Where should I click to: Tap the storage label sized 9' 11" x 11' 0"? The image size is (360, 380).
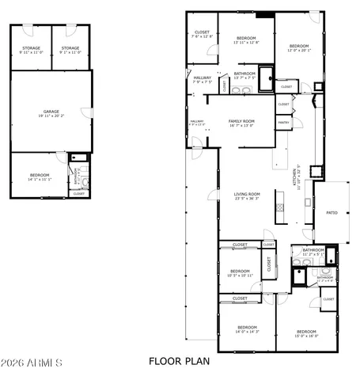click(32, 48)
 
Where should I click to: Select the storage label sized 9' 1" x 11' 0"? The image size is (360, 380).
click(70, 48)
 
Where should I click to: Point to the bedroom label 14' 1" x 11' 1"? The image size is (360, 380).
click(40, 176)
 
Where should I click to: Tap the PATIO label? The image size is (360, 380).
click(332, 213)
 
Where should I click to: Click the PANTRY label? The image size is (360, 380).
click(283, 123)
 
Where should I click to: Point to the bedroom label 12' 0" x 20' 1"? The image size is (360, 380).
click(299, 47)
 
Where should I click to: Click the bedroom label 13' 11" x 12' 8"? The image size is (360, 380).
click(245, 39)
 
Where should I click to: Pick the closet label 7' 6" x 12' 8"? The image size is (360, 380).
click(203, 33)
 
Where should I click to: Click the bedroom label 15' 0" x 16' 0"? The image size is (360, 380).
click(306, 332)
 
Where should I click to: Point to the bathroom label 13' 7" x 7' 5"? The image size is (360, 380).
click(244, 74)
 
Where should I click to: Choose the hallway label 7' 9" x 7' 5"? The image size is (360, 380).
click(203, 78)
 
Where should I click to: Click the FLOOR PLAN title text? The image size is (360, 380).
click(180, 362)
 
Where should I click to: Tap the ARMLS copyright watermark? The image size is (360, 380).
click(32, 363)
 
